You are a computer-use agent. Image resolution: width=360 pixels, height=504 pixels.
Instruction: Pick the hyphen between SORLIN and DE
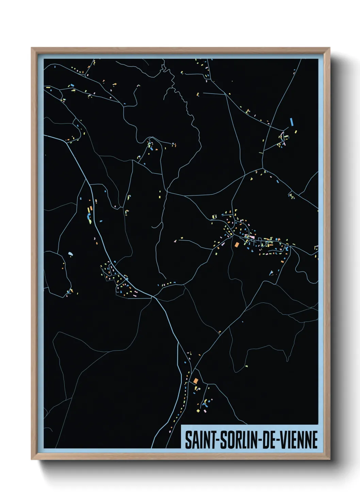[x=260, y=440]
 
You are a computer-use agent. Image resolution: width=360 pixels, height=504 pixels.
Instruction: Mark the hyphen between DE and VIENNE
[x=281, y=440]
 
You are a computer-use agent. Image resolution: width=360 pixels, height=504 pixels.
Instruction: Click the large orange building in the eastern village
[x=236, y=244]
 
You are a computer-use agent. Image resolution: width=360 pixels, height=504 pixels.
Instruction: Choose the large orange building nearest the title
[x=196, y=381]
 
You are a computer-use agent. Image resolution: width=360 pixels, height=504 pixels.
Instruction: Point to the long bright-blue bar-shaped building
[x=292, y=122]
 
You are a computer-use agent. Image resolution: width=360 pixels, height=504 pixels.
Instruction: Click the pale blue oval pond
[x=70, y=253]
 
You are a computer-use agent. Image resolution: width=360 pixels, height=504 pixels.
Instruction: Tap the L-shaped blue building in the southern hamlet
[x=204, y=404]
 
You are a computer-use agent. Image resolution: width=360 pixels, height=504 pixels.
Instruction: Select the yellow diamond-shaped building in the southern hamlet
[x=198, y=411]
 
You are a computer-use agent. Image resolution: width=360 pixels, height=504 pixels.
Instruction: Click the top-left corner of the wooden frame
[x=32, y=48]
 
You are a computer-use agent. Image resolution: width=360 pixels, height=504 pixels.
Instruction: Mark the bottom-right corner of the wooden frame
[x=329, y=459]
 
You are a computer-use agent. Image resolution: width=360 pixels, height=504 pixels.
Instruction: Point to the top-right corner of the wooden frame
[x=329, y=48]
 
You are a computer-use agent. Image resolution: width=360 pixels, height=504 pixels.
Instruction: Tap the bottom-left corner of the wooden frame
[x=32, y=459]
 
